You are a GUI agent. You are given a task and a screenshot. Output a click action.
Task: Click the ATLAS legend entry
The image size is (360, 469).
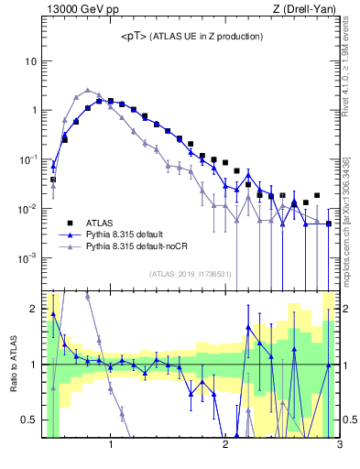click(101, 223)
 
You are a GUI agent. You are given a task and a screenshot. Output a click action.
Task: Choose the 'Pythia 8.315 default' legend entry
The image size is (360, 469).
click(127, 234)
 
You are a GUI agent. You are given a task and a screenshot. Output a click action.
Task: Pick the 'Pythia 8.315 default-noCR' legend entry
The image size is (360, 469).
click(138, 246)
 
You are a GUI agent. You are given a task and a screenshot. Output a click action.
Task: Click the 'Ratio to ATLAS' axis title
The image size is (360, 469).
click(12, 364)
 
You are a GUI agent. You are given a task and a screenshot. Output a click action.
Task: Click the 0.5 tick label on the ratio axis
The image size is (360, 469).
click(30, 420)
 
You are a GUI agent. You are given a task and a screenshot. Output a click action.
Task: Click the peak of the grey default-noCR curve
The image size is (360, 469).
click(87, 91)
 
